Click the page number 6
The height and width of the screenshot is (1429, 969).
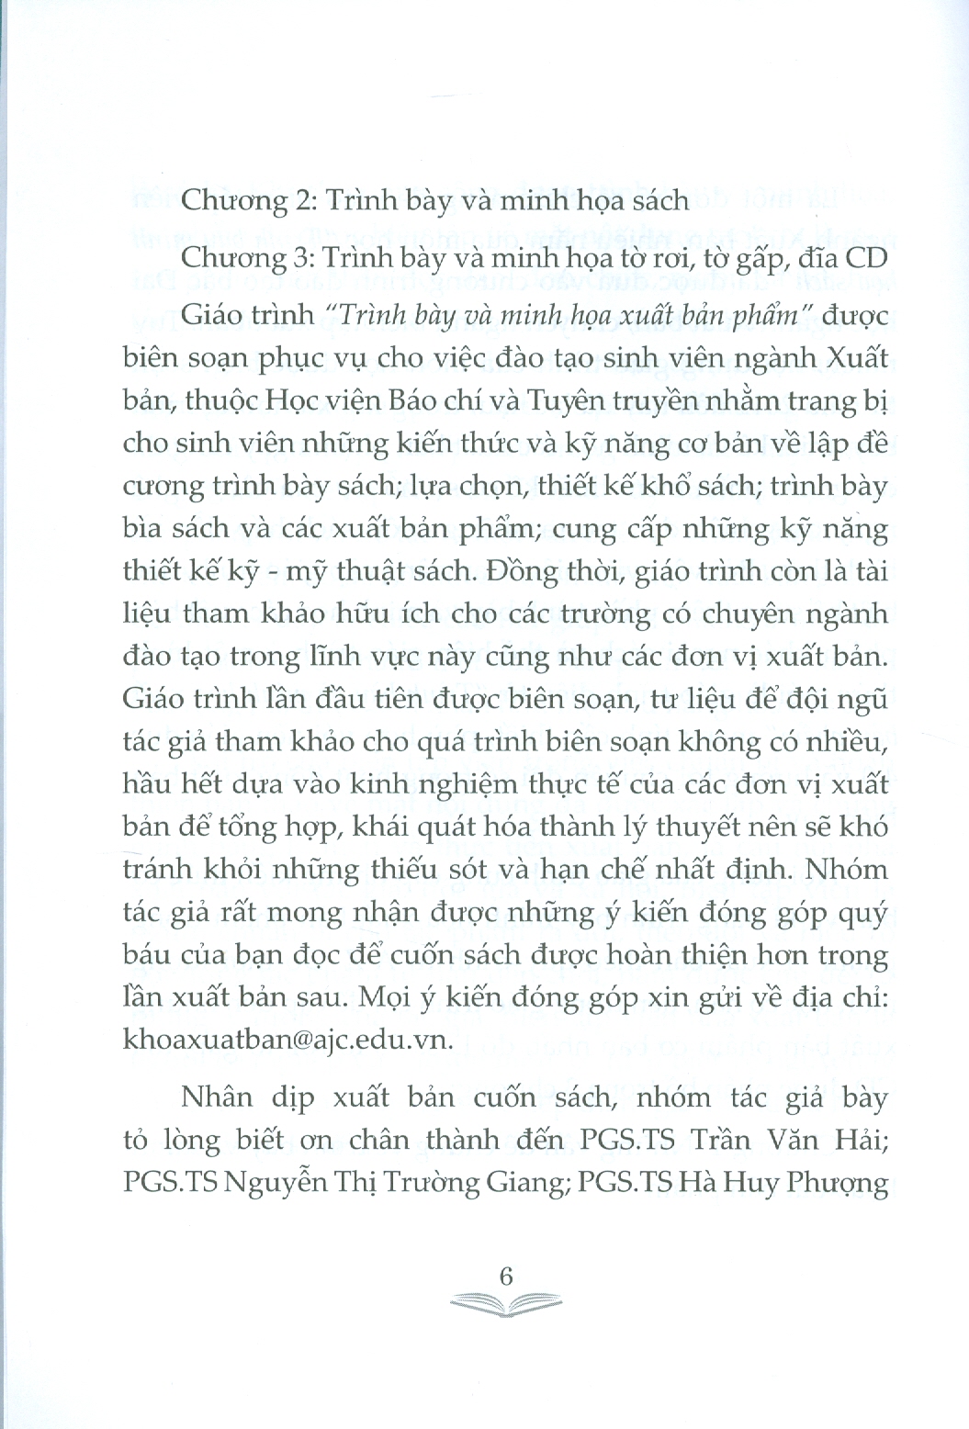click(503, 1277)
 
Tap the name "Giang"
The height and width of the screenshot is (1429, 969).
click(524, 1183)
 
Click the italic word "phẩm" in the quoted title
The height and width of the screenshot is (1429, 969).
click(763, 316)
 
